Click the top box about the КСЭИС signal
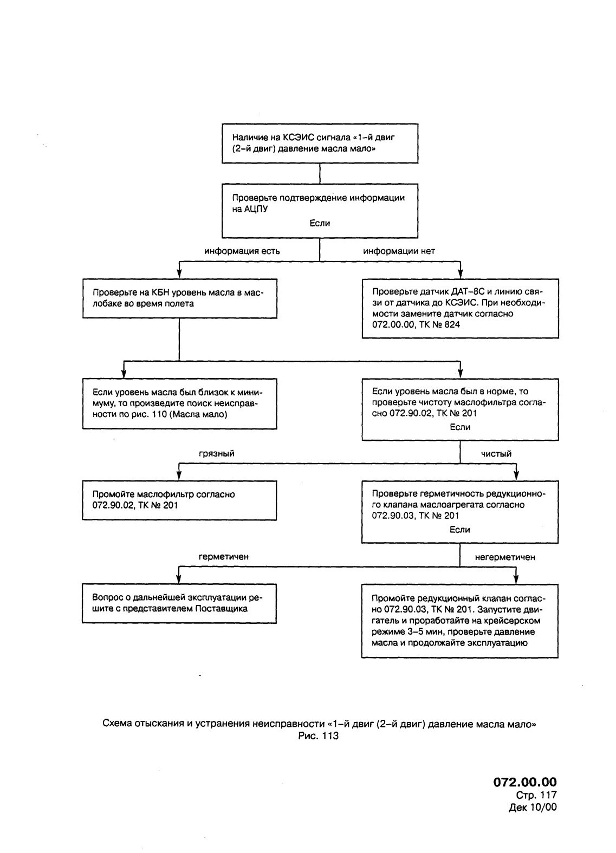pyautogui.click(x=320, y=143)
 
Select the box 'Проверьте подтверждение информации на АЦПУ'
pyautogui.click(x=320, y=211)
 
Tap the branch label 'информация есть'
pyautogui.click(x=242, y=251)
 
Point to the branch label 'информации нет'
pyautogui.click(x=399, y=251)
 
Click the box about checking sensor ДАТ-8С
pyautogui.click(x=460, y=309)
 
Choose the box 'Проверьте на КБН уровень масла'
pyautogui.click(x=180, y=298)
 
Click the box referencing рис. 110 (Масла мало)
pyautogui.click(x=180, y=403)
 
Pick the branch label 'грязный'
pyautogui.click(x=216, y=453)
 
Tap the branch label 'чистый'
pyautogui.click(x=496, y=453)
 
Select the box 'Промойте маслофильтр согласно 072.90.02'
pyautogui.click(x=179, y=500)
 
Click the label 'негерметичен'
pyautogui.click(x=505, y=557)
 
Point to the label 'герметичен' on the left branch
pyautogui.click(x=224, y=557)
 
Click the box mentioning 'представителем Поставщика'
pyautogui.click(x=179, y=603)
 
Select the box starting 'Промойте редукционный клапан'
pyautogui.click(x=460, y=621)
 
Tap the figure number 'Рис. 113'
pyautogui.click(x=319, y=735)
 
